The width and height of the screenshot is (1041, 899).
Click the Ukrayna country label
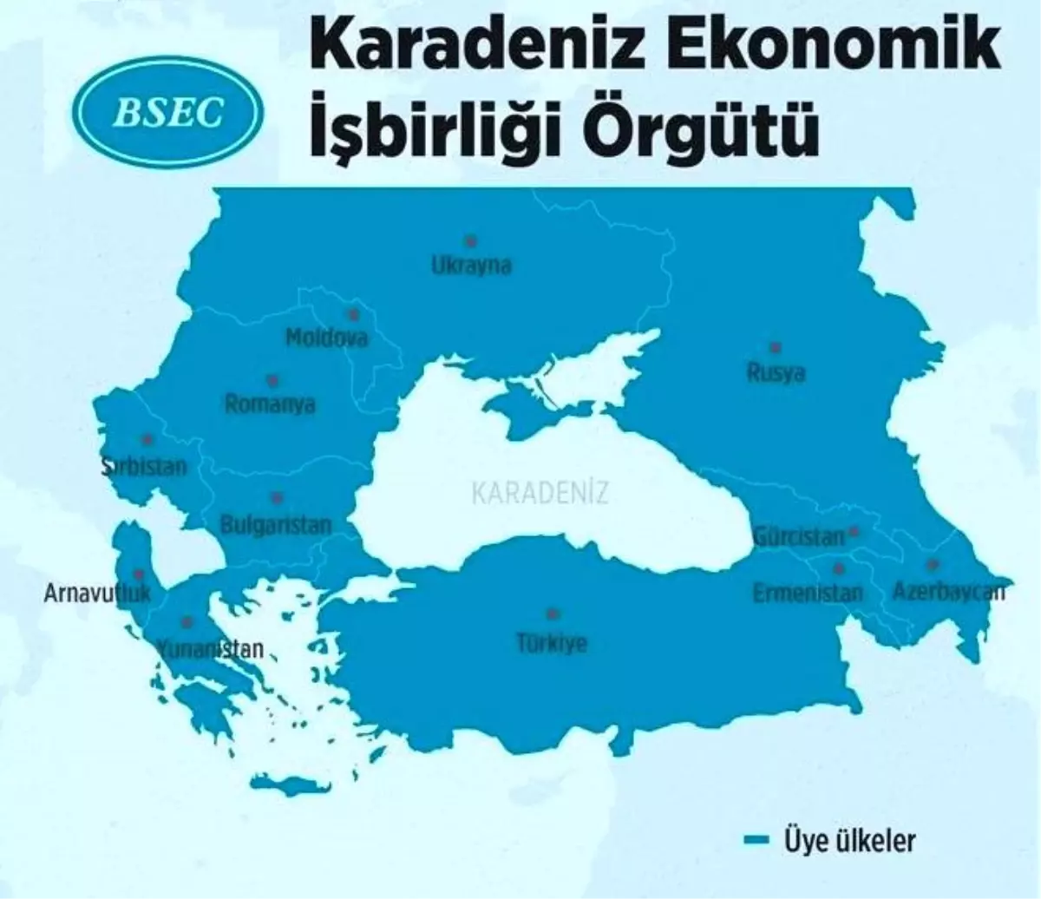pyautogui.click(x=472, y=265)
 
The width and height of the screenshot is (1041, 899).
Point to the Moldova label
pyautogui.click(x=327, y=337)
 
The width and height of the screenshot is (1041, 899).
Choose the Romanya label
pyautogui.click(x=270, y=404)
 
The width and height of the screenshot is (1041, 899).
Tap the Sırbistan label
pyautogui.click(x=144, y=466)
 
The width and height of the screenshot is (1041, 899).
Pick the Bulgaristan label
pyautogui.click(x=276, y=524)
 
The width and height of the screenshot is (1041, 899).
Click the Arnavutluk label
pyautogui.click(x=97, y=594)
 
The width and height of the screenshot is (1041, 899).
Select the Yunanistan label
pyautogui.click(x=208, y=648)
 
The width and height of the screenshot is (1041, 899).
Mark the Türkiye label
pyautogui.click(x=552, y=643)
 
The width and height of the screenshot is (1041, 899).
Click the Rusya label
pyautogui.click(x=776, y=373)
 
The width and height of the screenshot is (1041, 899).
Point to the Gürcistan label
pyautogui.click(x=798, y=536)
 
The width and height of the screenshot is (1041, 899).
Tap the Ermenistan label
pyautogui.click(x=808, y=594)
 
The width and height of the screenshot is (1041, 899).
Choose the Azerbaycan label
pyautogui.click(x=948, y=592)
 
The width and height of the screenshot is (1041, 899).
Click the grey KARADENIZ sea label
pyautogui.click(x=540, y=493)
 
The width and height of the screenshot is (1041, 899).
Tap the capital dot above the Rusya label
pyautogui.click(x=776, y=347)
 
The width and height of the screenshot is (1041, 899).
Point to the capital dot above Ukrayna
pyautogui.click(x=471, y=240)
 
